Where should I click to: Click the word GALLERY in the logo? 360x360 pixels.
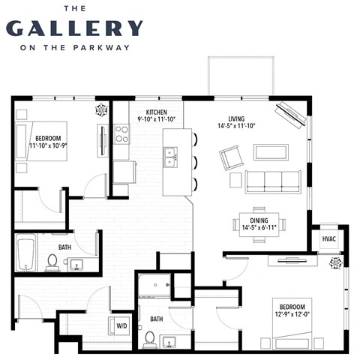point(73,28)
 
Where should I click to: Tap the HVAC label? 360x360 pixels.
point(329,238)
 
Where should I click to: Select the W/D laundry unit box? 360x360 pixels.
point(121,325)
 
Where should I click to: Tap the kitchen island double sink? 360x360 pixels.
point(172,157)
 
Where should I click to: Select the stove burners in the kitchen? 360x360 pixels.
point(121,134)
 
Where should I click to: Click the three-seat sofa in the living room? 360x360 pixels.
point(273,181)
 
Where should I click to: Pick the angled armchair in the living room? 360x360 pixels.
point(231,157)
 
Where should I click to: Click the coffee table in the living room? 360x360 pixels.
point(271,152)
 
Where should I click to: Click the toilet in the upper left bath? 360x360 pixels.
point(52,261)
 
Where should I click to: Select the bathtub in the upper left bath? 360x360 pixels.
point(25,256)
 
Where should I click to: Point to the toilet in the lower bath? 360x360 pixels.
point(149,339)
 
